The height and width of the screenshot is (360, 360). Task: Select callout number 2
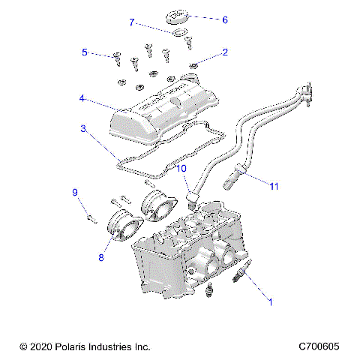click(224, 52)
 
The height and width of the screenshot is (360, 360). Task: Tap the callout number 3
click(83, 129)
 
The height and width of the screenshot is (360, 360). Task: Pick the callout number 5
click(85, 52)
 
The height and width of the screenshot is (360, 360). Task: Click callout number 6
click(224, 19)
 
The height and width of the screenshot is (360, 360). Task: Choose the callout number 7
click(132, 22)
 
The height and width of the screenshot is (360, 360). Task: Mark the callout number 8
click(100, 257)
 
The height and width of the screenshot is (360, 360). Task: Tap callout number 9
click(75, 193)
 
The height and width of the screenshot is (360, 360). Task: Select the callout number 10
click(182, 169)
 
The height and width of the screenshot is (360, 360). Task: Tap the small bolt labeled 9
click(91, 218)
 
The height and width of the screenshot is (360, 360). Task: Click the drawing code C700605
click(319, 346)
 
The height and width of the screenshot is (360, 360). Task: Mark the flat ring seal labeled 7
click(178, 33)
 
